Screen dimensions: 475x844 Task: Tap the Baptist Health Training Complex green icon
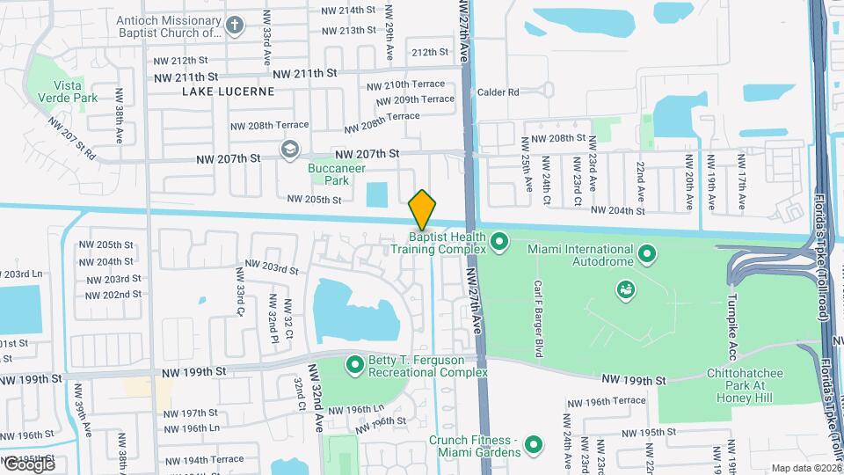point(499,238)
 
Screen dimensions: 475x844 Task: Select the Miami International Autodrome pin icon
point(648,255)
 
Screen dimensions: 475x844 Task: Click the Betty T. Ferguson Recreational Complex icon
point(355,363)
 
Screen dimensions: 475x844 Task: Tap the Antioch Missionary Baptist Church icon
point(234,26)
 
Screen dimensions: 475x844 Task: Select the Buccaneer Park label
point(330,173)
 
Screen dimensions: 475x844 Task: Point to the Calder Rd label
point(498,91)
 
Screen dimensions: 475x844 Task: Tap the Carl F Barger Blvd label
point(537,318)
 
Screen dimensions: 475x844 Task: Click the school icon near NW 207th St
point(288,150)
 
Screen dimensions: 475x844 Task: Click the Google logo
point(29,464)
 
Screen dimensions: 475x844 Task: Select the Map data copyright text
point(805,468)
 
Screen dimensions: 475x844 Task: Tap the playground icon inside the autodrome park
point(626,289)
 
